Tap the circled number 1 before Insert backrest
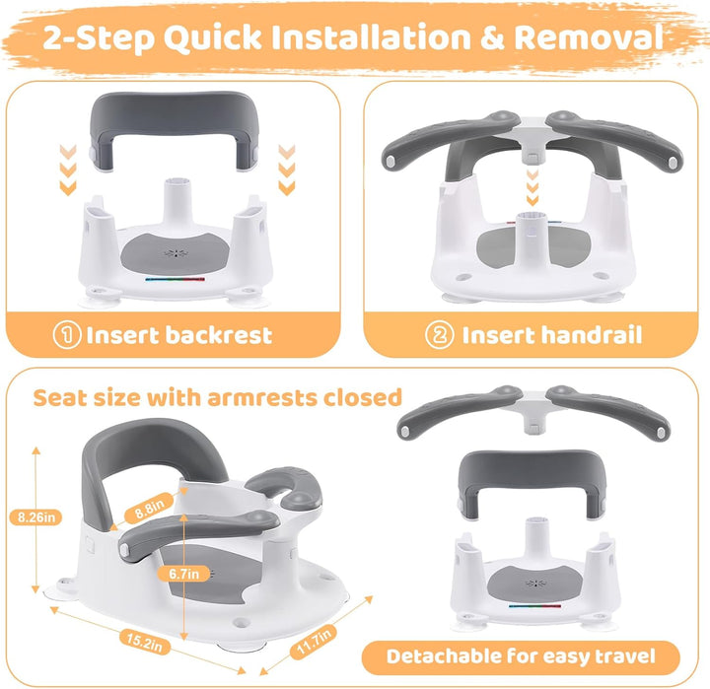click(x=68, y=335)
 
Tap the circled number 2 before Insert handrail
click(x=439, y=335)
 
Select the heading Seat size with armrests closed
click(x=218, y=398)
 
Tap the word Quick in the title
click(x=194, y=38)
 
